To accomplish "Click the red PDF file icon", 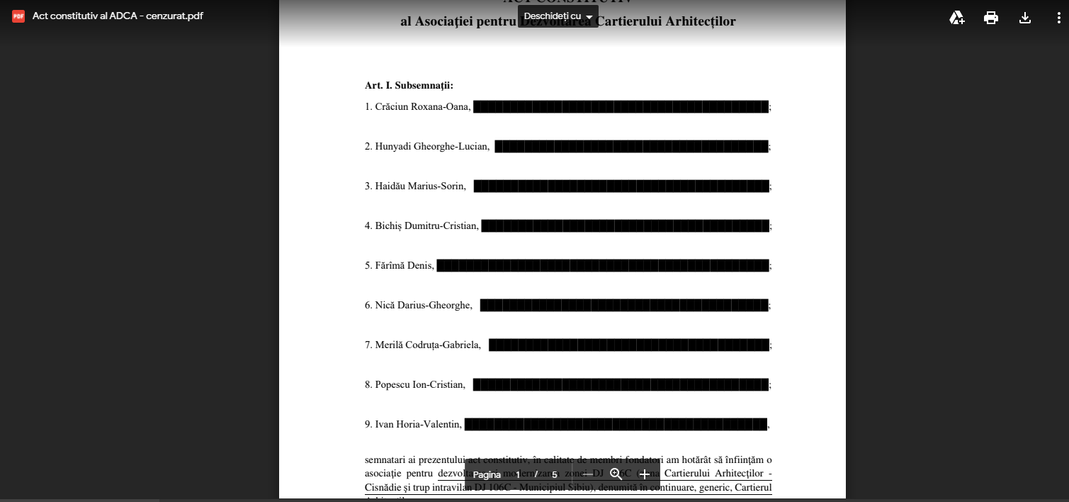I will point(18,16).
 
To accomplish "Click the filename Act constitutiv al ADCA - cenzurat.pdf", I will point(118,16).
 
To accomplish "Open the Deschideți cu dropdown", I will point(558,16).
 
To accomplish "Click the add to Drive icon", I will point(957,18).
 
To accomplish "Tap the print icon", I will point(991,18).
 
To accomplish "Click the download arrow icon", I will point(1025,18).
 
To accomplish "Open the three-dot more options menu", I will point(1058,18).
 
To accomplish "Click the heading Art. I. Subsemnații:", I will point(409,86).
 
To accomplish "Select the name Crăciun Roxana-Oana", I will point(422,107).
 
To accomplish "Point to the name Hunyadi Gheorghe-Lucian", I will point(431,147).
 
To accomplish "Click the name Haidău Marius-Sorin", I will point(420,186).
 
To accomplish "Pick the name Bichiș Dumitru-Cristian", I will point(426,226).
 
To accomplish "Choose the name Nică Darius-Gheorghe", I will point(423,306).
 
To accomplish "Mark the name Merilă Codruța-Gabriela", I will point(427,345).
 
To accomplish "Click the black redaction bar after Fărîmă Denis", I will point(602,266).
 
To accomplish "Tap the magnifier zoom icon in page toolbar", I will point(616,474).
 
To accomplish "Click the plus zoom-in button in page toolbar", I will point(644,474).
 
